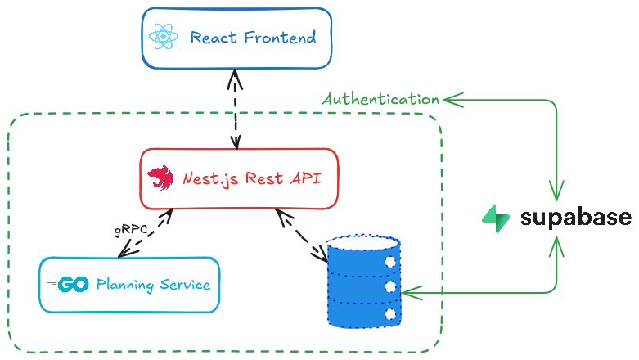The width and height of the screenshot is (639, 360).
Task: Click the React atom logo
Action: coord(164,38)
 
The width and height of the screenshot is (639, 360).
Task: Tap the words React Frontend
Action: coord(252,38)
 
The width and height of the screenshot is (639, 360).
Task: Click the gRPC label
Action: coord(131,230)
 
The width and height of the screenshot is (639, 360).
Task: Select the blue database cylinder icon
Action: coord(363,281)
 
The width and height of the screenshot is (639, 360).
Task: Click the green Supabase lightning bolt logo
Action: coord(496,217)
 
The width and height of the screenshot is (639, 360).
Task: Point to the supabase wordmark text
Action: coord(575,217)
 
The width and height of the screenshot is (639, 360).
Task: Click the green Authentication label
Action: coord(380,99)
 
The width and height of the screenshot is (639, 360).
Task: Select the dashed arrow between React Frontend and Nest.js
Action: coord(236,110)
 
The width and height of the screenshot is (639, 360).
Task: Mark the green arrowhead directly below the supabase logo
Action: coord(556,244)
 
